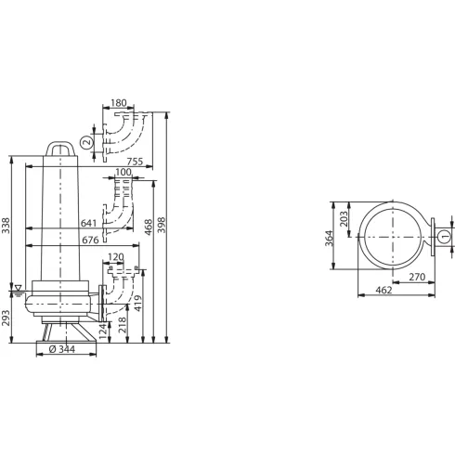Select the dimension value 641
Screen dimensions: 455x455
(x=89, y=223)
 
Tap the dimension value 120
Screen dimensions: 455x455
(x=116, y=257)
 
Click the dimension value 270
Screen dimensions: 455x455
(x=416, y=278)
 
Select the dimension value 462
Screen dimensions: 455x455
(x=383, y=292)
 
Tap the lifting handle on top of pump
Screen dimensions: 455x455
(x=61, y=147)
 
